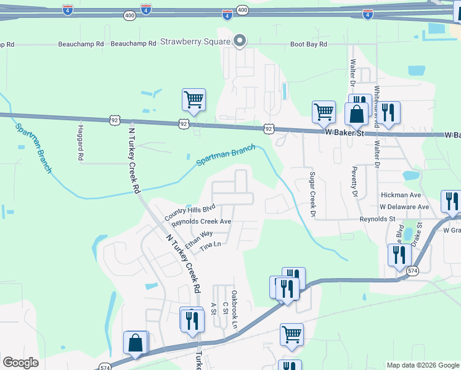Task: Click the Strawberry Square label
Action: (x=195, y=42)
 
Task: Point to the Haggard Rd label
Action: (x=80, y=143)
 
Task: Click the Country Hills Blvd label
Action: (x=189, y=212)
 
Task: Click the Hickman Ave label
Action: (x=401, y=195)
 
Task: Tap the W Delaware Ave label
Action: (x=404, y=207)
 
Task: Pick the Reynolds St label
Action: (x=378, y=219)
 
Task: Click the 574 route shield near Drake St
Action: (x=412, y=271)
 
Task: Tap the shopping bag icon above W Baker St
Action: (x=357, y=114)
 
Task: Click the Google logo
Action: (x=20, y=363)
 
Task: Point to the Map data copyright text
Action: (x=423, y=365)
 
